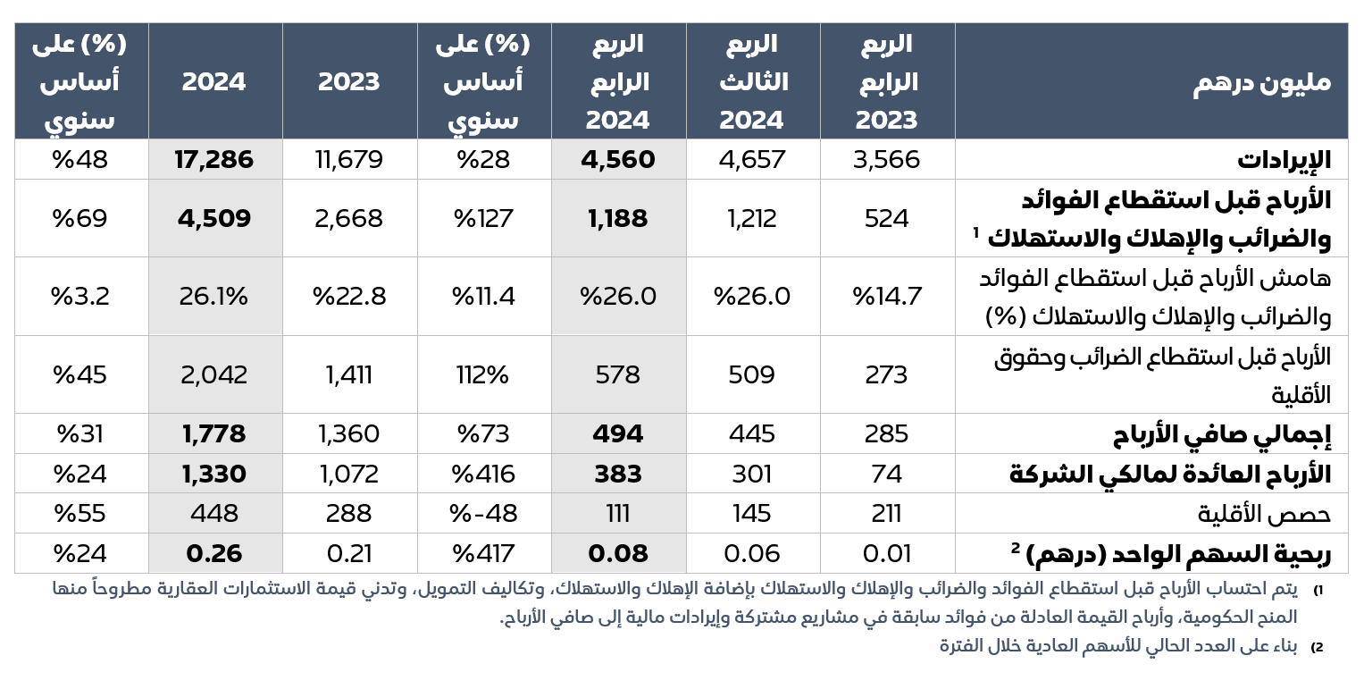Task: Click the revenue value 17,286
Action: (214, 160)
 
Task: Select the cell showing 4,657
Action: (752, 160)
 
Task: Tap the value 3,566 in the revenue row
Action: (886, 160)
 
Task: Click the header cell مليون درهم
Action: (1261, 82)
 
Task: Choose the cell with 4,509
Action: (214, 219)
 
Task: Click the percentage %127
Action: (483, 219)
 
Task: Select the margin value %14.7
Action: (886, 296)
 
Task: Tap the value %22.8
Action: (349, 296)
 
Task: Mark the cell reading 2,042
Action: (214, 374)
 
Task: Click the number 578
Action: (618, 374)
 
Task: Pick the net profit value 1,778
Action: (214, 434)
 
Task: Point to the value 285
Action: (886, 434)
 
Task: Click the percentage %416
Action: (483, 474)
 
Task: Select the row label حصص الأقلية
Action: (1264, 514)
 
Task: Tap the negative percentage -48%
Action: (483, 514)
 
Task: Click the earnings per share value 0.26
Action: (214, 553)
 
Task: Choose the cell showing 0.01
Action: (886, 553)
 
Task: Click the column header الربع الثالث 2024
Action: (752, 82)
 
